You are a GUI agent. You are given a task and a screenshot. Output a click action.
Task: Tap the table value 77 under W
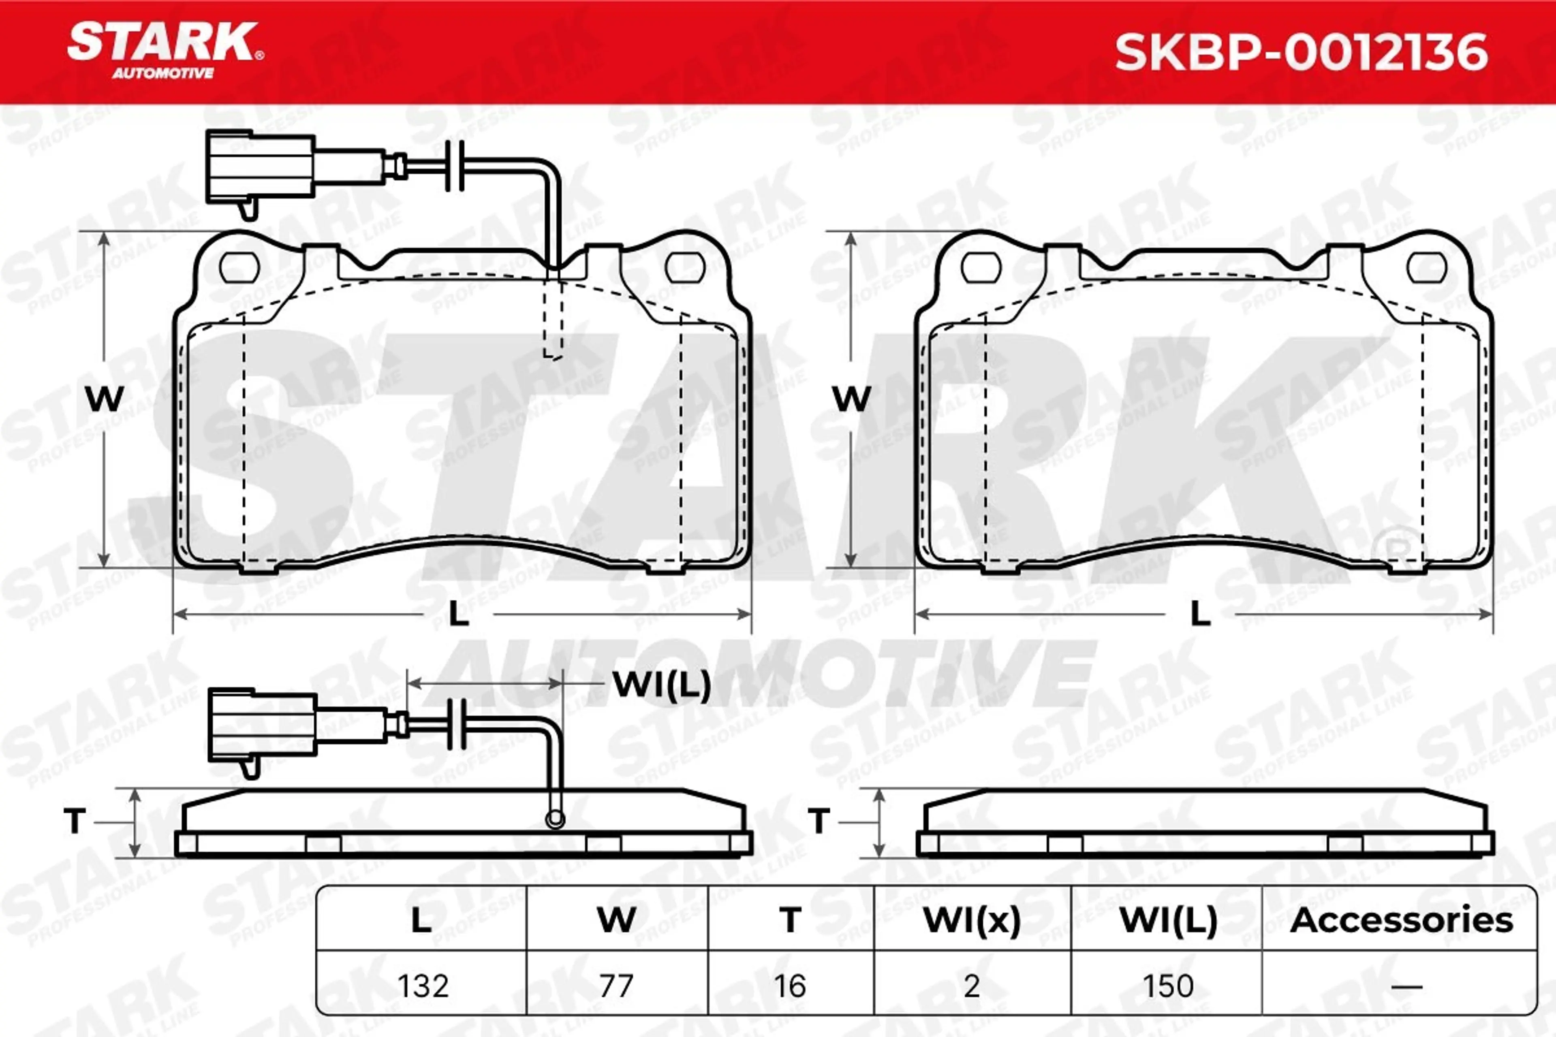(x=617, y=986)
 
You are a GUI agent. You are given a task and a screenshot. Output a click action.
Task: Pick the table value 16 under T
(x=790, y=986)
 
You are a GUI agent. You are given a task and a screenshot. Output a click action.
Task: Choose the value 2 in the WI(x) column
(x=971, y=986)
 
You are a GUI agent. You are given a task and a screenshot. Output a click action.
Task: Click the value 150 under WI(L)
(x=1168, y=986)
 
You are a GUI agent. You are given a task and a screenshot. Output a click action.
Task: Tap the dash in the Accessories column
(x=1406, y=987)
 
